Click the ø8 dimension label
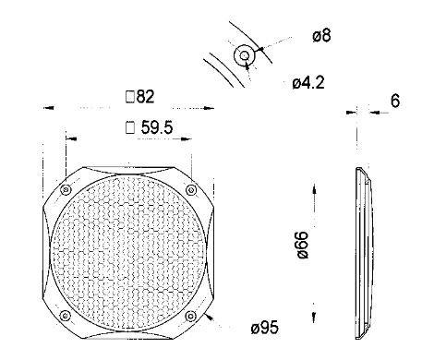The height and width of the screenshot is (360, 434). click(x=321, y=35)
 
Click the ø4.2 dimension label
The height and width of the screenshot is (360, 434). click(x=308, y=83)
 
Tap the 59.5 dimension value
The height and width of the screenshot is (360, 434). click(x=157, y=127)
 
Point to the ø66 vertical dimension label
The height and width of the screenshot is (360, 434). click(x=302, y=245)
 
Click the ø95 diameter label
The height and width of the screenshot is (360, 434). click(x=265, y=327)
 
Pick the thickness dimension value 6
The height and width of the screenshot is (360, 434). click(x=395, y=101)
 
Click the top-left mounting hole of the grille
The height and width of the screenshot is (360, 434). click(x=66, y=190)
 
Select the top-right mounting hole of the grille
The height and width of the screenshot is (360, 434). click(x=191, y=190)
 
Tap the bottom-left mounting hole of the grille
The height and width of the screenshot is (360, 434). click(x=66, y=316)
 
